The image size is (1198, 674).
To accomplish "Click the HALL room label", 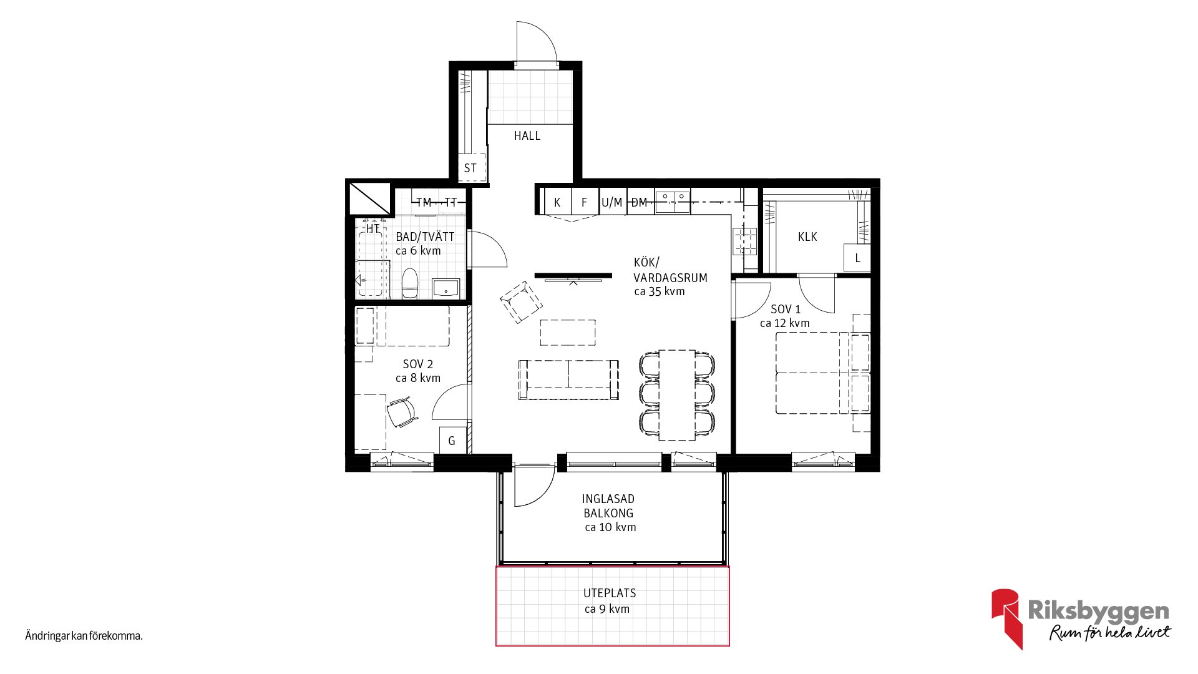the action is click(527, 135).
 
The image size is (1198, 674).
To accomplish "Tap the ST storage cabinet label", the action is click(470, 168).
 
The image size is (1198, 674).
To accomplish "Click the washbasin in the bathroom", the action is click(446, 288).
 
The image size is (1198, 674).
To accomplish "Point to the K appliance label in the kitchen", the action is click(557, 202).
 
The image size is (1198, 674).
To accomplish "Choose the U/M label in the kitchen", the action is click(612, 202).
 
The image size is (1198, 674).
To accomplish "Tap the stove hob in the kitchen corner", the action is click(744, 241).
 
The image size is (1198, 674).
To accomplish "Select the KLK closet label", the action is click(807, 237).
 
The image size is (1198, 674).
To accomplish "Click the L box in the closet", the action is click(857, 258).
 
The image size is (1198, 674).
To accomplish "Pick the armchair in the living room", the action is click(521, 302).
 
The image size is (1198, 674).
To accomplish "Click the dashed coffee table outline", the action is click(568, 333).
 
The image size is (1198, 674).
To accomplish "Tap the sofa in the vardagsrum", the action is click(568, 379).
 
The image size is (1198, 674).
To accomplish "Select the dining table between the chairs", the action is click(677, 394).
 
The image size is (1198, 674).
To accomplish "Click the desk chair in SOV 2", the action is click(401, 413).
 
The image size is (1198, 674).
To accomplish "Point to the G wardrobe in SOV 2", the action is click(452, 440).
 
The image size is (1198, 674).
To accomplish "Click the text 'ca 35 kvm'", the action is click(660, 291).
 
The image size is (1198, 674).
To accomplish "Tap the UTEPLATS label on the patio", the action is click(610, 593).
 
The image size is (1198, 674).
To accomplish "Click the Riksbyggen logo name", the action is click(1098, 611).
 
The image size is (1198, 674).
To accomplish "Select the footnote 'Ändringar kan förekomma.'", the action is click(84, 636).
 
